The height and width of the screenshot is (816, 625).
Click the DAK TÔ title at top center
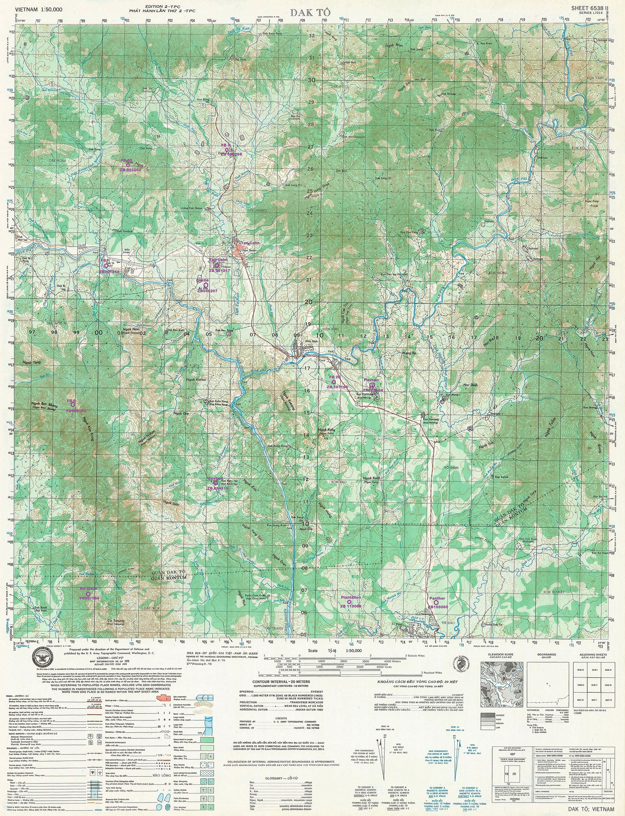point(310,13)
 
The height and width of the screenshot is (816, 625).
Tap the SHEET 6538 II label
point(589,8)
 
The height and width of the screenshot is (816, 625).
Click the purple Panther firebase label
point(437,598)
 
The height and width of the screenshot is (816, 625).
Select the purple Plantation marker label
point(351,597)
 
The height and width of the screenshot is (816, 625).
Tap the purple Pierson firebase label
point(371,380)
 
